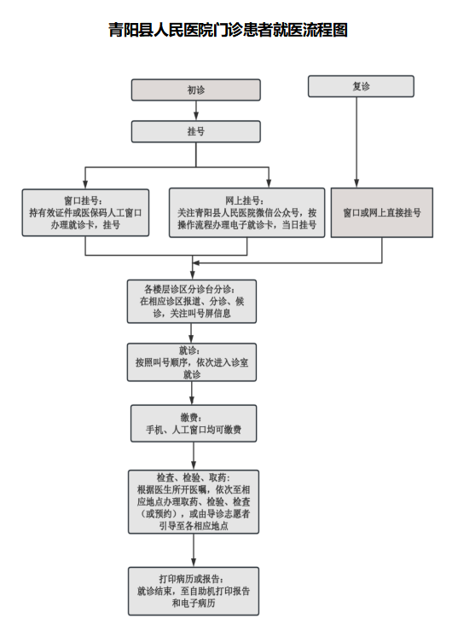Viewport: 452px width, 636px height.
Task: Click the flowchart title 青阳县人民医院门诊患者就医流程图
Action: (228, 30)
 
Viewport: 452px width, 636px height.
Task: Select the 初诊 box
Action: (195, 90)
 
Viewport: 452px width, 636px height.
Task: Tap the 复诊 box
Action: (361, 86)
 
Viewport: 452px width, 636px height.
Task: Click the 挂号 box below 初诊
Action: (195, 131)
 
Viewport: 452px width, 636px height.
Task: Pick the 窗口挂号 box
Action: (85, 212)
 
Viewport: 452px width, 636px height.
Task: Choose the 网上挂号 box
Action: (246, 212)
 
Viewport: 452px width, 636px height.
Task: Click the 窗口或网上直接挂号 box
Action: (382, 212)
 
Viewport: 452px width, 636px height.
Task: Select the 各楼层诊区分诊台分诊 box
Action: (192, 301)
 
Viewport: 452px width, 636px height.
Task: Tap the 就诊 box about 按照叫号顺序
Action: (192, 362)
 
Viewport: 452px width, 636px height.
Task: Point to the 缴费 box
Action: (194, 423)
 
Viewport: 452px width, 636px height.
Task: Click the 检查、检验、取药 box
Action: (194, 502)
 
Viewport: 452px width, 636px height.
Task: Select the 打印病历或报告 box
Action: (194, 591)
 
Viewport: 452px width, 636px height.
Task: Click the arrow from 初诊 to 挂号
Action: (196, 110)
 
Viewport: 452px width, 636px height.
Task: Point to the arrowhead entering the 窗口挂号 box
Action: (85, 183)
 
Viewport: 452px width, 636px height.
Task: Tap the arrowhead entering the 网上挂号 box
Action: (269, 182)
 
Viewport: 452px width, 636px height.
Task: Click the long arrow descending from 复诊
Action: (356, 142)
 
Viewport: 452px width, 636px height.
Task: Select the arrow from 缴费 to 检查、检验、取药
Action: (194, 456)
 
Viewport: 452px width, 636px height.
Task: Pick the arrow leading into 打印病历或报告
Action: (194, 551)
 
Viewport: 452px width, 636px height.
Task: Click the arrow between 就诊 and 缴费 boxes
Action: (192, 393)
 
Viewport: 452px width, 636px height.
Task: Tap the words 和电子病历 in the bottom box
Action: (194, 603)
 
